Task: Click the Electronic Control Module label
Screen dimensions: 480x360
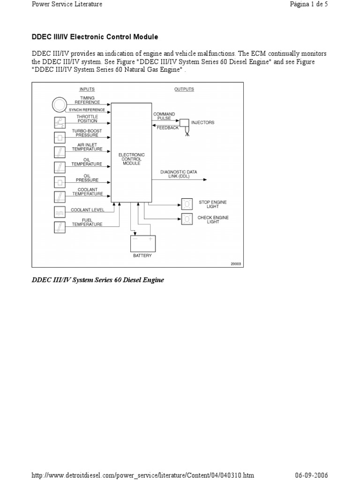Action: coord(132,159)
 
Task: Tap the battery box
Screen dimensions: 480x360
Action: coord(142,243)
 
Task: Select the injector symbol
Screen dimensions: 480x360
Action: coord(184,124)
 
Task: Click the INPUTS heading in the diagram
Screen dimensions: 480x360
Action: coord(87,89)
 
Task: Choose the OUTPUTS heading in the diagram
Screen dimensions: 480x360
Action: coord(184,89)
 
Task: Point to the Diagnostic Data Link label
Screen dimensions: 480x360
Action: coord(179,174)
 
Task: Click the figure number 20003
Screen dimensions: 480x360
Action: coord(236,263)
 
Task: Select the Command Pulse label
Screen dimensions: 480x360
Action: coord(164,116)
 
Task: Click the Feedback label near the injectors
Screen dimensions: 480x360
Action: coord(167,128)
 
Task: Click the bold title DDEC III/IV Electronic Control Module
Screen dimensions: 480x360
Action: coord(95,37)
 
